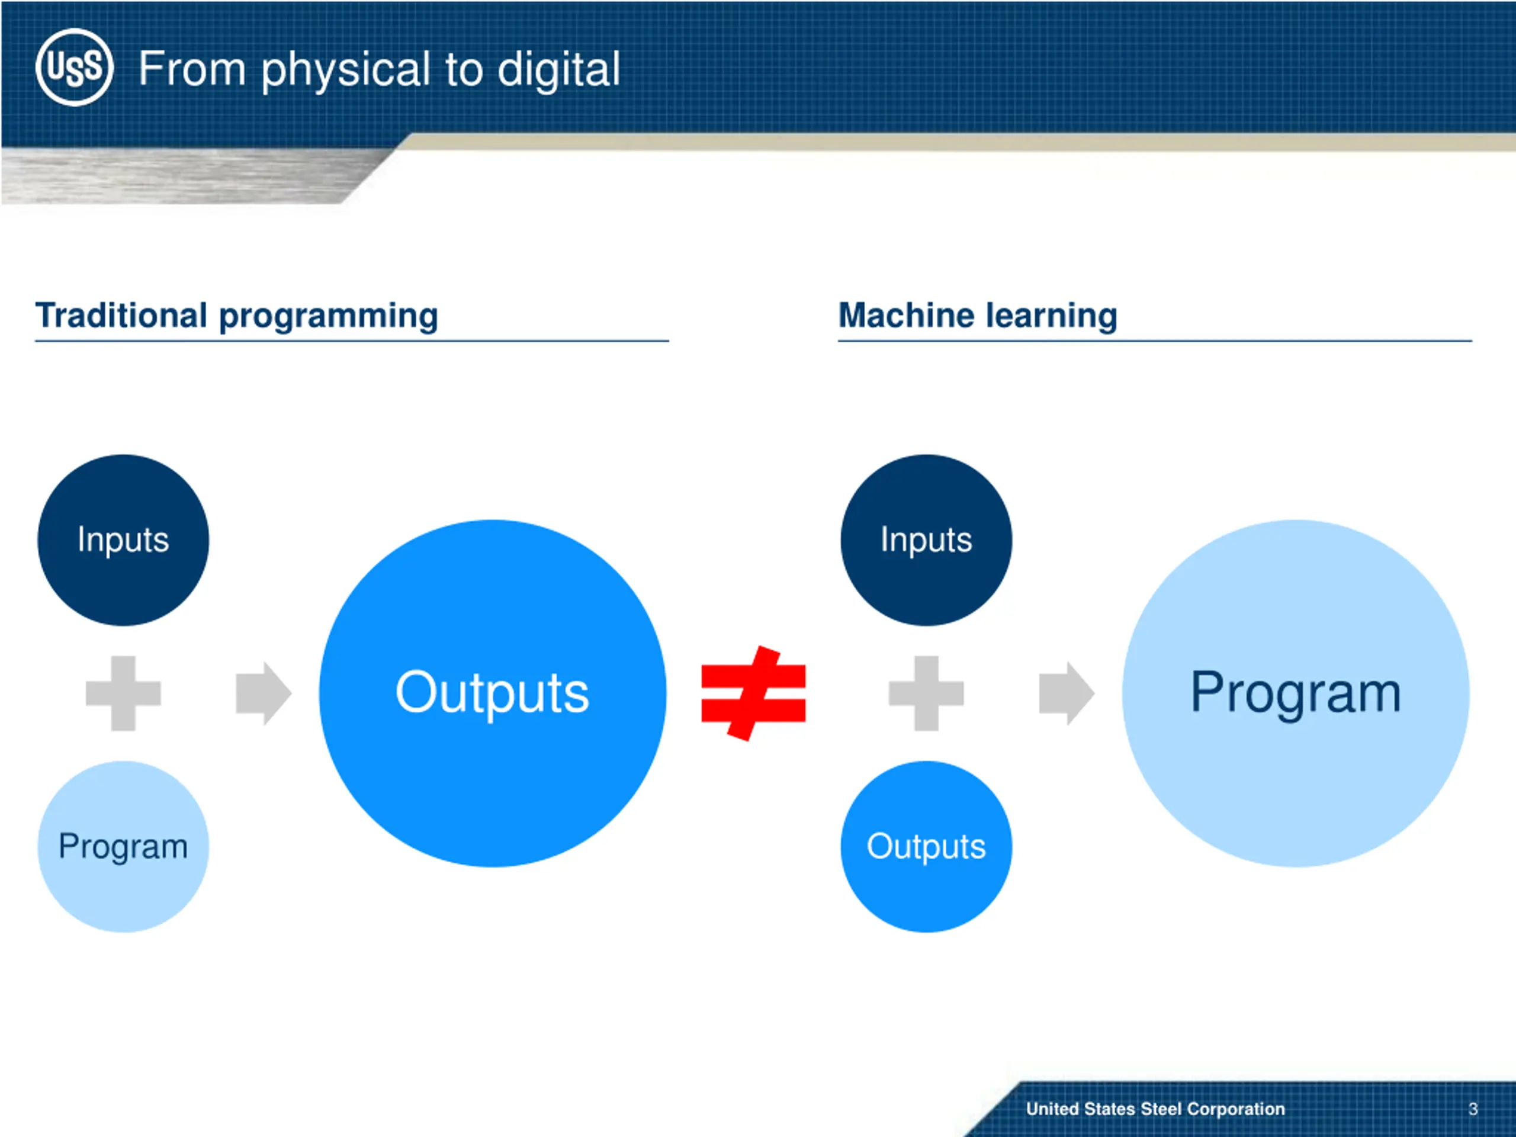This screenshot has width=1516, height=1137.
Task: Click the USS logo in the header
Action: (x=74, y=67)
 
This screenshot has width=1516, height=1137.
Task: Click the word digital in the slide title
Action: (x=558, y=70)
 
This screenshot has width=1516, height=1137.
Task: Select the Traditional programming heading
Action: (x=236, y=316)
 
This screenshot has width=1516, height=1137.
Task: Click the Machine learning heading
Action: (x=978, y=316)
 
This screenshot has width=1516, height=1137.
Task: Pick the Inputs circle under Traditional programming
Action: (x=123, y=540)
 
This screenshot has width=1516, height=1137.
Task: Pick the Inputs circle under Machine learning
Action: (x=927, y=540)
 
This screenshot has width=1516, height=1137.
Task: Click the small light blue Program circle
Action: (x=123, y=846)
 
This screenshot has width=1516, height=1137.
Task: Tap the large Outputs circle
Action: (x=493, y=693)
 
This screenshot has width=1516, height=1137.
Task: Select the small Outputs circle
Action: (x=927, y=846)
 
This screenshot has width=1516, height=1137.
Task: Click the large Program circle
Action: (x=1296, y=693)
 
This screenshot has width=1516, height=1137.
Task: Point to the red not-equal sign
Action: (x=753, y=693)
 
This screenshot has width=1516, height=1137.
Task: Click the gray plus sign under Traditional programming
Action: (x=123, y=693)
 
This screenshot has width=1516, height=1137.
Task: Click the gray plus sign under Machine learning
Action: (x=927, y=693)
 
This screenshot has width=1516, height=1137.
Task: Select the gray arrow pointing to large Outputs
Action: (x=263, y=693)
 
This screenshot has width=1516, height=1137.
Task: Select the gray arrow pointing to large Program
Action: (x=1067, y=693)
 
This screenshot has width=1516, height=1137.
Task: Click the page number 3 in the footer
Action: (x=1473, y=1109)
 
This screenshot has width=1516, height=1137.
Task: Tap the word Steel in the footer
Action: (x=1162, y=1109)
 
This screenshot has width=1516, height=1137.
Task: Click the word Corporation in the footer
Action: (x=1236, y=1109)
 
